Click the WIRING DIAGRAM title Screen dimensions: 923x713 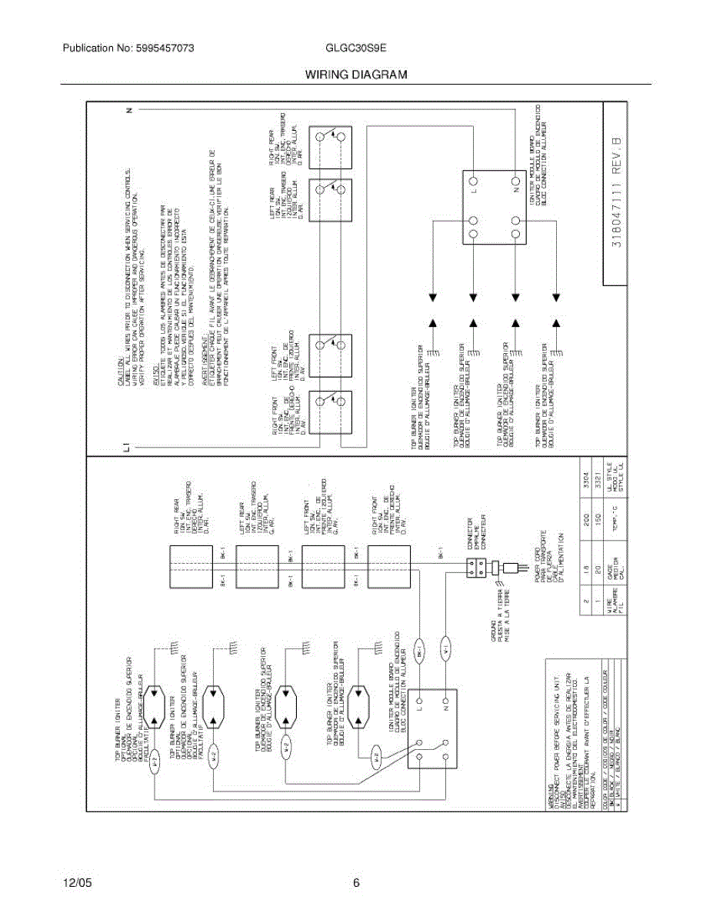(355, 75)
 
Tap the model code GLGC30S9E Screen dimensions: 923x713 (356, 48)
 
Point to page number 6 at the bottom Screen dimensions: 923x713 (356, 884)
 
